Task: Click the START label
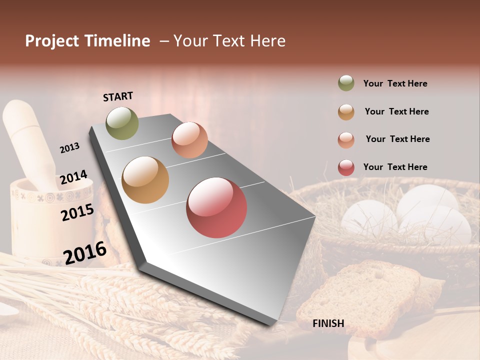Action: click(118, 96)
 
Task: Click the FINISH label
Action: click(328, 323)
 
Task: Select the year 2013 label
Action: click(69, 148)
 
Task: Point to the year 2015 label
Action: click(77, 212)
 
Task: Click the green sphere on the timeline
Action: click(122, 123)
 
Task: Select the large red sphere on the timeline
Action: click(216, 207)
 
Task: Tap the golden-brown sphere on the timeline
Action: click(145, 179)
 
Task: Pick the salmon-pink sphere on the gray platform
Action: click(189, 140)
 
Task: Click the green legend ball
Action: click(346, 83)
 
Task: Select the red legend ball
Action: click(346, 167)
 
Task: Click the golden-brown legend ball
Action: click(346, 112)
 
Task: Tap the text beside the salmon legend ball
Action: click(397, 139)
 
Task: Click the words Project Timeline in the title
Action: click(87, 41)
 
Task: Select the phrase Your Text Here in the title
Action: click(229, 41)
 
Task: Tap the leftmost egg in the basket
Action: click(369, 217)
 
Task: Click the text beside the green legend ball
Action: click(395, 83)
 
